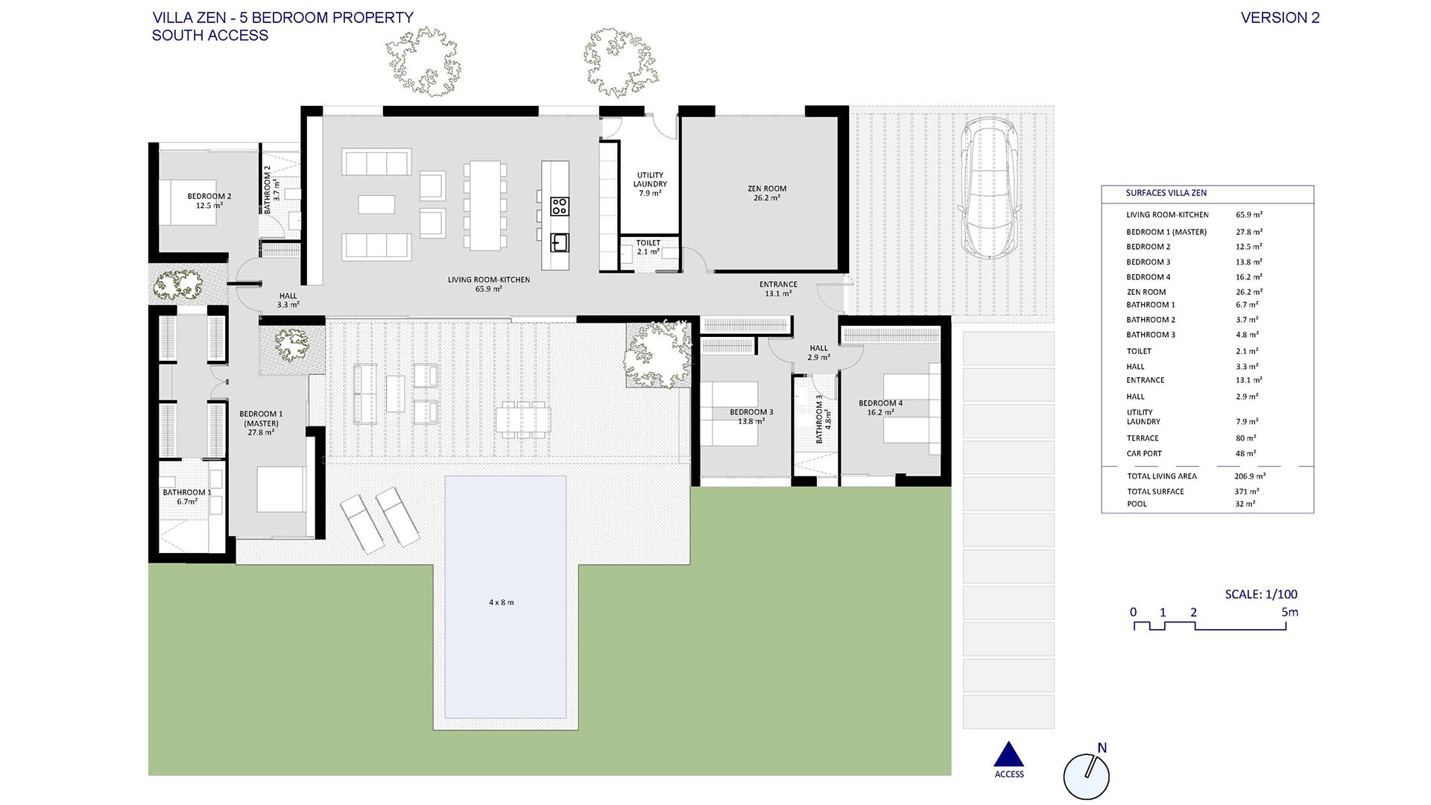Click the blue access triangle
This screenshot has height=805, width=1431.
1009,754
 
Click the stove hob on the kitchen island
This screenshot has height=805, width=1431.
560,206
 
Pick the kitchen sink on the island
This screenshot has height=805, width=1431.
560,242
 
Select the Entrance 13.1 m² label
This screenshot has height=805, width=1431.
778,288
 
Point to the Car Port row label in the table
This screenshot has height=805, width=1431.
1144,453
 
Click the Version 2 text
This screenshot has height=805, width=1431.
1280,18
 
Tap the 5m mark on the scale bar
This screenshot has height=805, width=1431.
1289,612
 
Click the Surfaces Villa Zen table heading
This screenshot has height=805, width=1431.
1166,193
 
